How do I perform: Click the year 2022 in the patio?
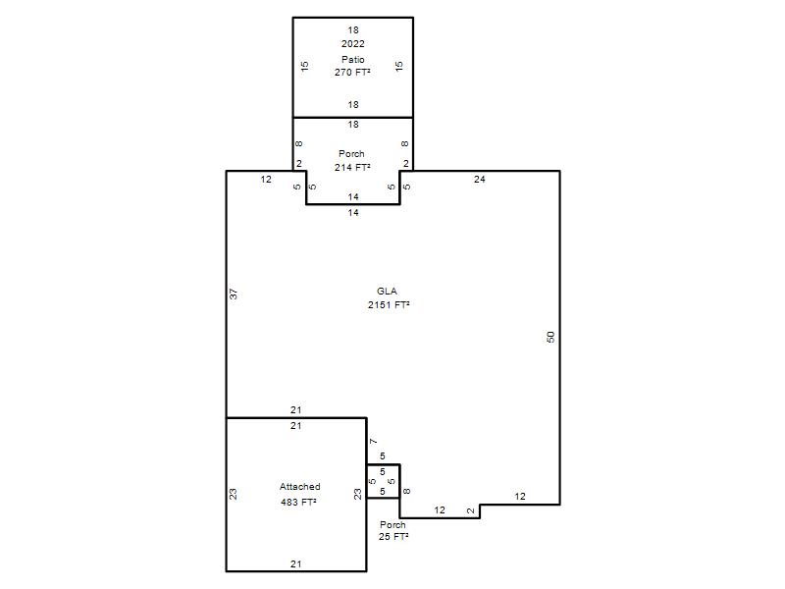point(353,44)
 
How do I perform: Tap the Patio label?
point(353,59)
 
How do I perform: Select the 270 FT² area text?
point(353,72)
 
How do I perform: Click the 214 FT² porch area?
point(352,167)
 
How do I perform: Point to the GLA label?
point(387,291)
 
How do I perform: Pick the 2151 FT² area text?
point(389,304)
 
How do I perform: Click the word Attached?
point(300,486)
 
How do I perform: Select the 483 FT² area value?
point(299,502)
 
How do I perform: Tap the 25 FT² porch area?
point(393,536)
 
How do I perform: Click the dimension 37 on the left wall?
point(234,294)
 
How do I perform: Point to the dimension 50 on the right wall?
point(550,337)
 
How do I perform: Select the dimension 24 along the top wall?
point(480,180)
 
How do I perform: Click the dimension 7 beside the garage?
point(374,441)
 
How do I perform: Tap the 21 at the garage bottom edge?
point(296,563)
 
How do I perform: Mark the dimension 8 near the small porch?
point(406,492)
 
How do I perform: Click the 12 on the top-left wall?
point(266,180)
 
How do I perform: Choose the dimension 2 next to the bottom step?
point(471,510)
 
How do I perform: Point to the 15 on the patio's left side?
point(305,66)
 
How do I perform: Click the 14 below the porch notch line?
point(353,213)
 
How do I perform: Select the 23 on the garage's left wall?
point(234,495)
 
